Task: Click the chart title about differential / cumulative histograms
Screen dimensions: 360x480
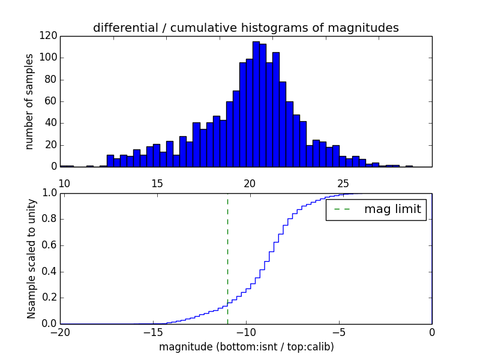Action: click(245, 28)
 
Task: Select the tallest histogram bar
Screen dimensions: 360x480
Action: click(256, 104)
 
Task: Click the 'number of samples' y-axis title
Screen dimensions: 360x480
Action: click(29, 101)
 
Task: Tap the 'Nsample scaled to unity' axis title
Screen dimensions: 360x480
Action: click(31, 258)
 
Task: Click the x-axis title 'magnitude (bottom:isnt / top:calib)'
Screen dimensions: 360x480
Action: click(246, 347)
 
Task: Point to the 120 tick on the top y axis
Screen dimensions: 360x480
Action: click(49, 36)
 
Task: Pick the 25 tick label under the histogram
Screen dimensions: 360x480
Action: click(343, 184)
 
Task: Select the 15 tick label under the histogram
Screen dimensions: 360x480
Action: click(157, 184)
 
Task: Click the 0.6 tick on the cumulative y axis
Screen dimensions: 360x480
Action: click(49, 245)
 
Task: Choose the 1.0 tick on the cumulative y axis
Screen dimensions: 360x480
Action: click(49, 193)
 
